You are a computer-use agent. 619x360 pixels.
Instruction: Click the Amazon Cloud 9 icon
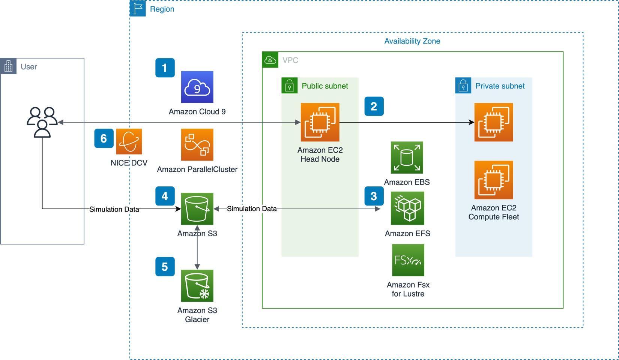point(197,87)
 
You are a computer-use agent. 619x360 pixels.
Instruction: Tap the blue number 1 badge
point(165,68)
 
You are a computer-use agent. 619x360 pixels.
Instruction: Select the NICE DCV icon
point(129,141)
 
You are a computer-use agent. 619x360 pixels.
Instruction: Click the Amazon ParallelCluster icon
point(197,145)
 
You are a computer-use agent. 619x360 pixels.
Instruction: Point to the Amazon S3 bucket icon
point(197,209)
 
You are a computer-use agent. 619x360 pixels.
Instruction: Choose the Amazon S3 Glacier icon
point(197,286)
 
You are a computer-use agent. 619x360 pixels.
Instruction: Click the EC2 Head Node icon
point(320,122)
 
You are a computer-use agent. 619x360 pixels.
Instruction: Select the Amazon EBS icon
point(407,157)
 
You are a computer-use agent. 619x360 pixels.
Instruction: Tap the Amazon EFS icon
point(407,208)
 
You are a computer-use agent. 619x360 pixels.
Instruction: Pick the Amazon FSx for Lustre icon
point(408,260)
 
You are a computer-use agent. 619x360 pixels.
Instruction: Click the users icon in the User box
point(42,122)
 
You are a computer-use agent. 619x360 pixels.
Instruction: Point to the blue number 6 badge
point(104,138)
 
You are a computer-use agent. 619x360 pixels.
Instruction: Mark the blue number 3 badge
point(374,196)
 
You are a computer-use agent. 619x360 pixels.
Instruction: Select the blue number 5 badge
point(165,267)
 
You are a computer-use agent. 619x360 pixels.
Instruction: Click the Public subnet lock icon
point(289,86)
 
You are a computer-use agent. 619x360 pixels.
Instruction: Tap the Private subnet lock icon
point(463,86)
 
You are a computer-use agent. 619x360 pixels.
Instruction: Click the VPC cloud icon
point(270,60)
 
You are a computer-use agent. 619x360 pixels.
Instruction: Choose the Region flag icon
point(138,8)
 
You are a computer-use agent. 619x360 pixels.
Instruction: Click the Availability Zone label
point(412,41)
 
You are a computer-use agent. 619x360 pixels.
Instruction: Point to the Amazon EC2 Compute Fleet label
point(493,212)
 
